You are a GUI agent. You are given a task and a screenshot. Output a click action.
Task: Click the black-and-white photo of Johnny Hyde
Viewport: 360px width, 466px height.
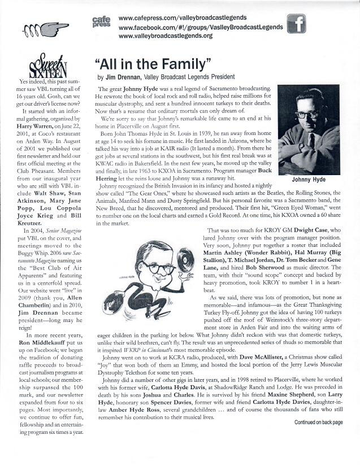coord(309,129)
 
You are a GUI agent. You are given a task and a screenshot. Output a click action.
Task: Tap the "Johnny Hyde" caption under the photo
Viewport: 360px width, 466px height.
coord(308,181)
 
